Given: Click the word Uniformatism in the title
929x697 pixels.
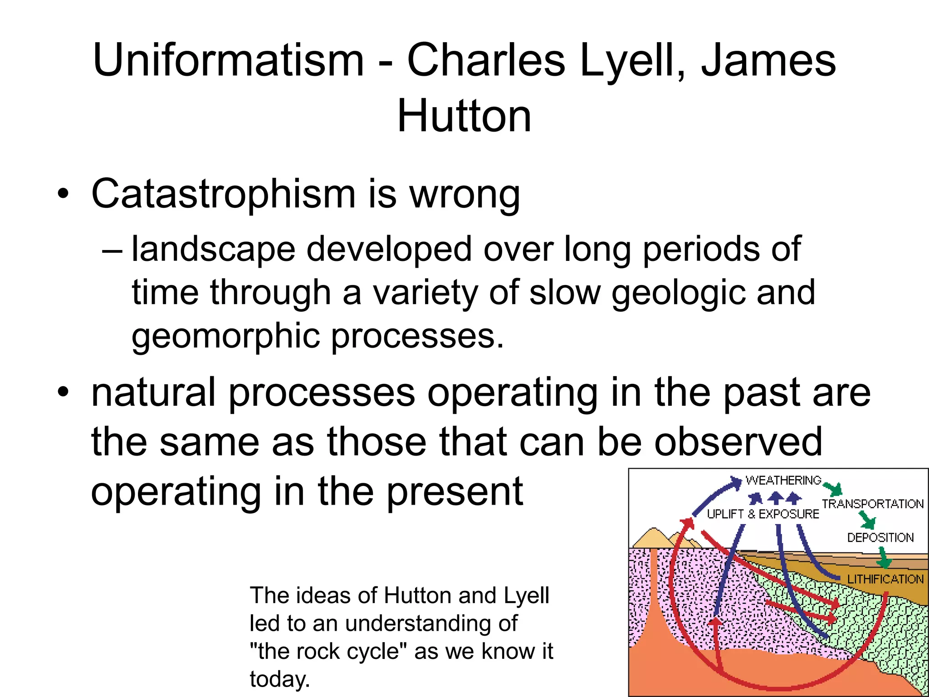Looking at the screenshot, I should click(x=228, y=60).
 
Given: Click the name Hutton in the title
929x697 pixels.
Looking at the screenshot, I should click(x=464, y=117).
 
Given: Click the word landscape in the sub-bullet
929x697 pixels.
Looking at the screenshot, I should click(x=213, y=250).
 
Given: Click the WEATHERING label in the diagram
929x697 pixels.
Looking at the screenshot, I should click(x=783, y=480).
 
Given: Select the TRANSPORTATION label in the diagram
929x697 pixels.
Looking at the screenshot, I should click(x=872, y=504).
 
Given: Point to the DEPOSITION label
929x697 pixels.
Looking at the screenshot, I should click(x=880, y=538).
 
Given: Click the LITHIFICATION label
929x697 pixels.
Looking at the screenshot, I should click(x=885, y=579).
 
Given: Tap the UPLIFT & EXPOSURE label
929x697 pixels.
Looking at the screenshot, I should click(x=763, y=514).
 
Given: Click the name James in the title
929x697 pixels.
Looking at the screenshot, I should click(x=768, y=60).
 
